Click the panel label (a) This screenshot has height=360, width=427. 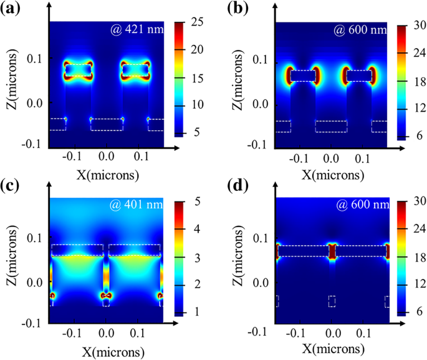[12, 8]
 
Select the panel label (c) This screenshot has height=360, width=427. [12, 185]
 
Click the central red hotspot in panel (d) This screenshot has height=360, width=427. [332, 251]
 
